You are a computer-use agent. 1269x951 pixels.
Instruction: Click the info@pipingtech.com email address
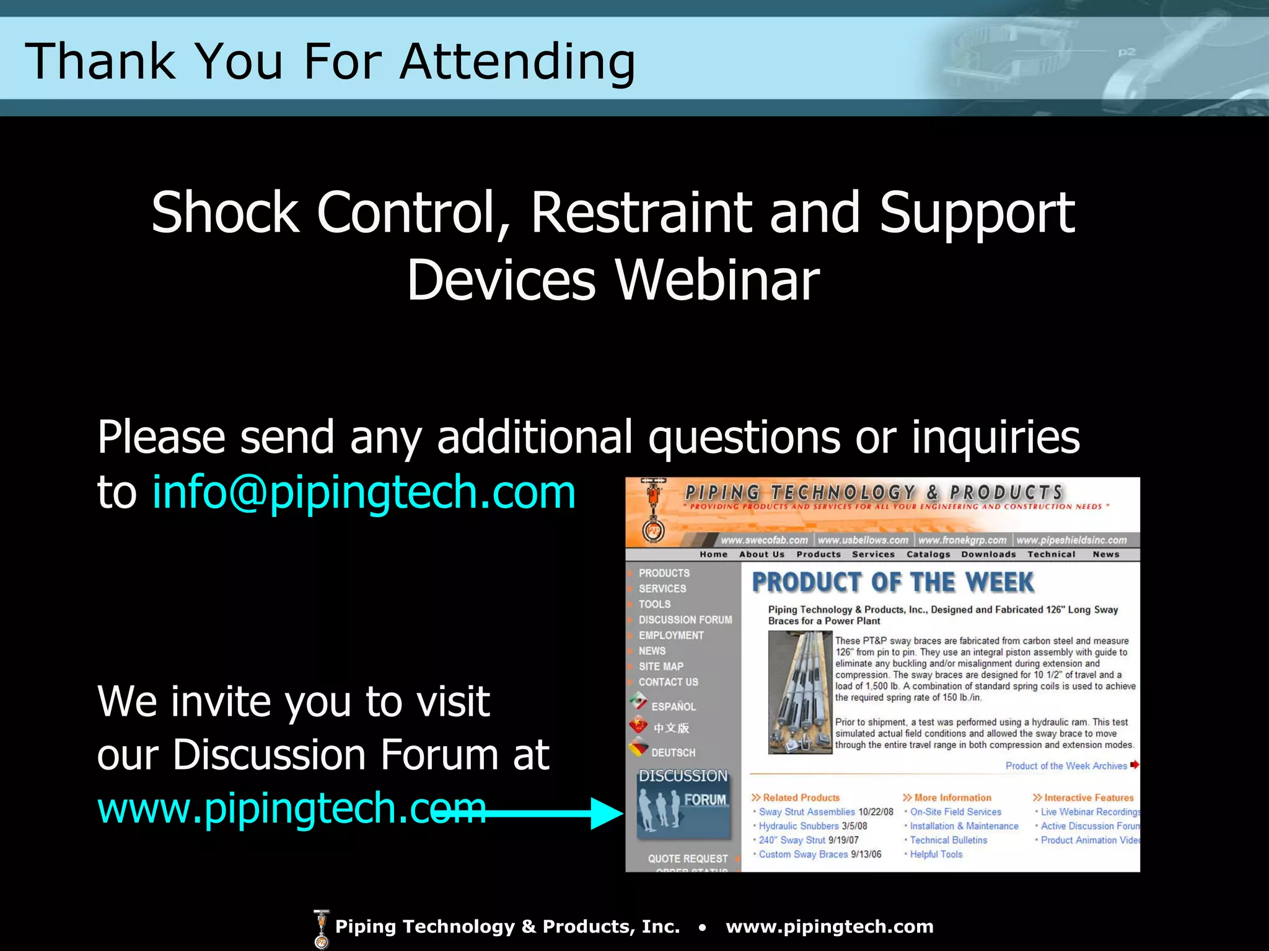click(364, 492)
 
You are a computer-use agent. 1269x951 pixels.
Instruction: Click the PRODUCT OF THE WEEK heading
click(892, 583)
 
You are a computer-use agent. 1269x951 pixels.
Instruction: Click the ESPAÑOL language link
click(673, 706)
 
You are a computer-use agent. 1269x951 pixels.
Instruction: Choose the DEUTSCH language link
click(673, 753)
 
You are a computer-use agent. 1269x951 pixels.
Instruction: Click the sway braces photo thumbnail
click(799, 692)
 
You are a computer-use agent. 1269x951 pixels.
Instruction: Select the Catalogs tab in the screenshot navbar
click(928, 554)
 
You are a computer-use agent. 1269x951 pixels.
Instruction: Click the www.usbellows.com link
click(863, 540)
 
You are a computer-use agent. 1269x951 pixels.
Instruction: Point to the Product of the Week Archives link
click(1066, 766)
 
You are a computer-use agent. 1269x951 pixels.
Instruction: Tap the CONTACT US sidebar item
click(668, 682)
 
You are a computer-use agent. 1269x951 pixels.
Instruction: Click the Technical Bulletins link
click(948, 840)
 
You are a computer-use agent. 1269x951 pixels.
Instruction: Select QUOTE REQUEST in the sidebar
click(687, 859)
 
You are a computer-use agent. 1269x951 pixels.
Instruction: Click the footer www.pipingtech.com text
click(829, 927)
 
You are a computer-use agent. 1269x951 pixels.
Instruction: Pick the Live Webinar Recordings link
click(1089, 812)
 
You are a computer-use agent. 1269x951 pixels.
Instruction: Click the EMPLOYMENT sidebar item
click(671, 635)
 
